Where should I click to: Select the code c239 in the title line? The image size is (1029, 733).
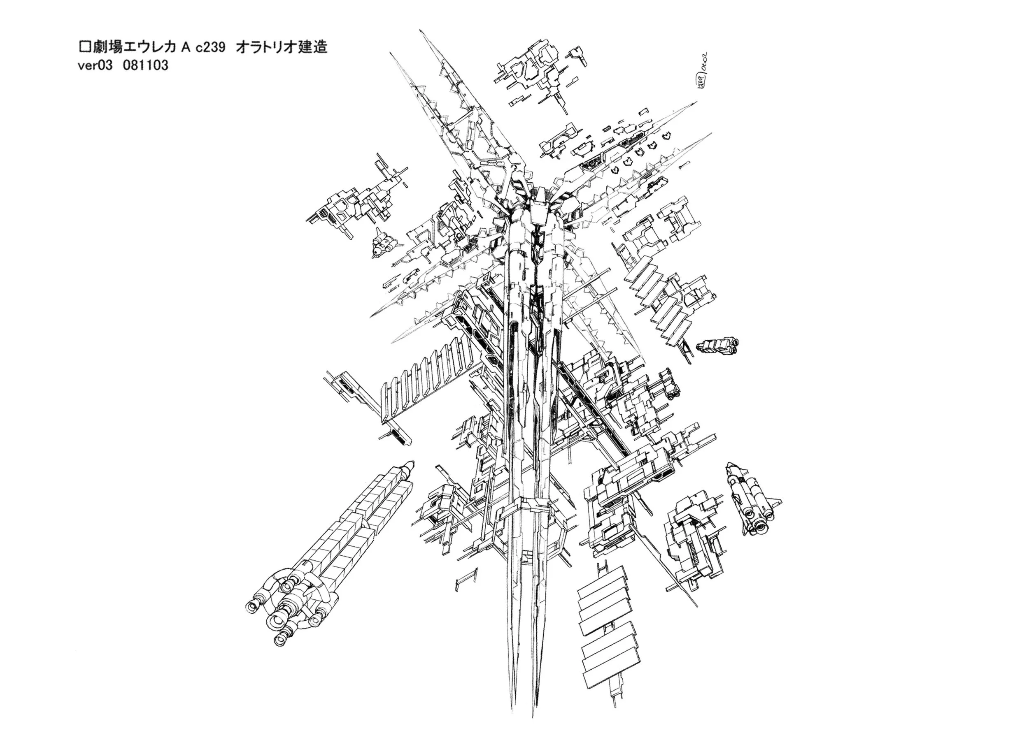click(210, 47)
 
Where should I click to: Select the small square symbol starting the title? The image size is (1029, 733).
click(83, 47)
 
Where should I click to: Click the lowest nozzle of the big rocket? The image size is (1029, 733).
click(280, 652)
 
